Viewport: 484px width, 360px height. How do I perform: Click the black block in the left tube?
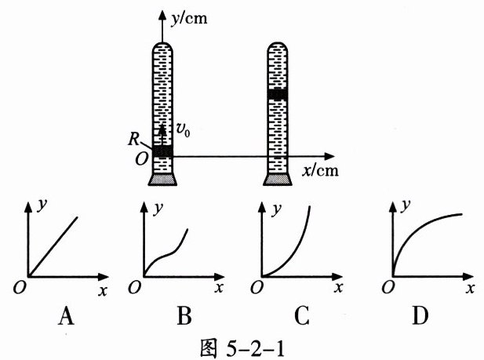[162, 151]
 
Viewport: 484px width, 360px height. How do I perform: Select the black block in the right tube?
[278, 94]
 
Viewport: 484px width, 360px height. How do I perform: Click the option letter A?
[67, 317]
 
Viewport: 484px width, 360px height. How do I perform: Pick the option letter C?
[303, 317]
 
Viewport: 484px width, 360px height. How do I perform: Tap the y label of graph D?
[406, 205]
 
